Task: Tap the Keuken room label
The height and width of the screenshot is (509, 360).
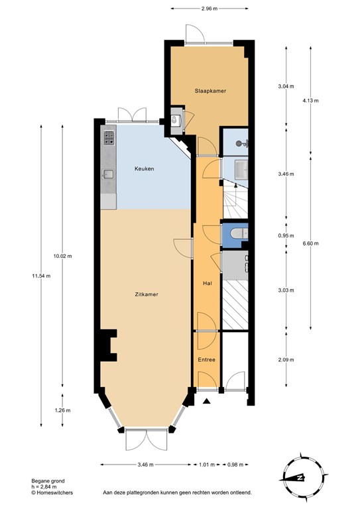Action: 144,169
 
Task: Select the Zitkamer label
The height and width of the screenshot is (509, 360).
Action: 146,294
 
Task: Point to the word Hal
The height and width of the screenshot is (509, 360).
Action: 207,284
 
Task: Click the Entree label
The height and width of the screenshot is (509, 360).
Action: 207,360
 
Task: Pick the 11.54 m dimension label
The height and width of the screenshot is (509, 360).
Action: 40,276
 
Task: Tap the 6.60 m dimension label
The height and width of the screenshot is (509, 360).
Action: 311,244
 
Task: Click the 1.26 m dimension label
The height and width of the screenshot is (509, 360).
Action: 63,409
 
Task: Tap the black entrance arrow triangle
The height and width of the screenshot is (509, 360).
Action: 207,400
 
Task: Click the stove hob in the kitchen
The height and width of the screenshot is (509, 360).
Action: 109,138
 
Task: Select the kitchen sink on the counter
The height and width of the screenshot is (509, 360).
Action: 108,174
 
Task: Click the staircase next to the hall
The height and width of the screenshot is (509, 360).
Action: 235,199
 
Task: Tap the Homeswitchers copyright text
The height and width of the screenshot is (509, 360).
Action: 53,493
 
